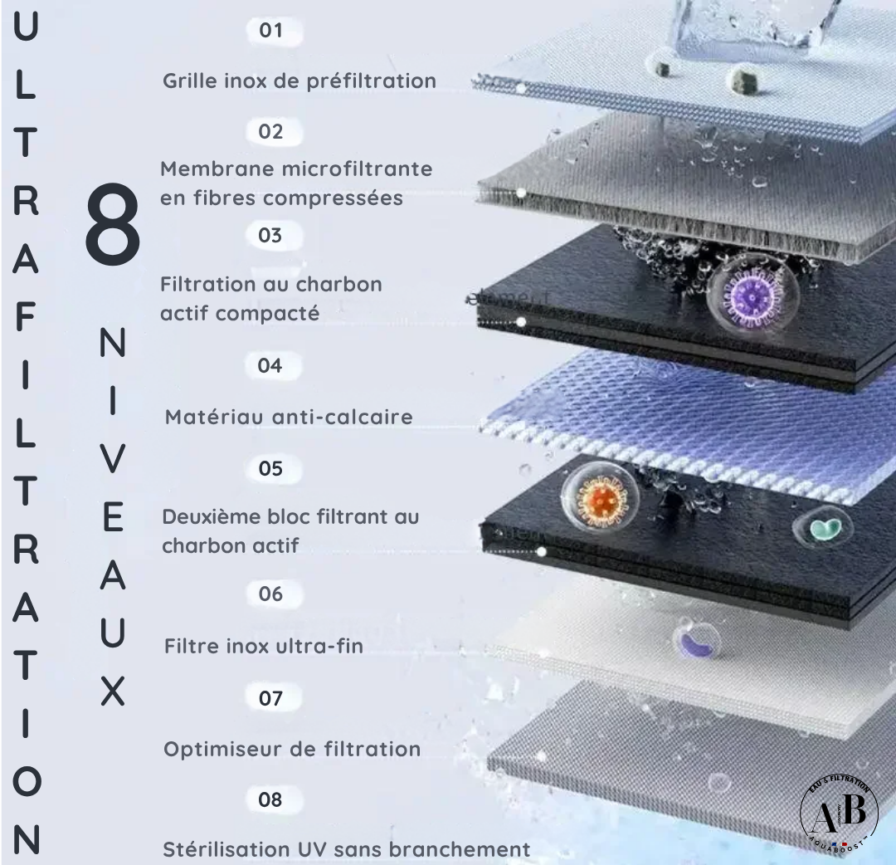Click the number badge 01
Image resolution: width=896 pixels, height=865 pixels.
[x=271, y=32]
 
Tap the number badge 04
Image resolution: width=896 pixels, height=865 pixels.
[x=270, y=365]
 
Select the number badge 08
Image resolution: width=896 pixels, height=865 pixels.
[x=270, y=800]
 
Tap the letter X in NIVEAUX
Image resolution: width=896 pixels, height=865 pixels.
[x=112, y=691]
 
